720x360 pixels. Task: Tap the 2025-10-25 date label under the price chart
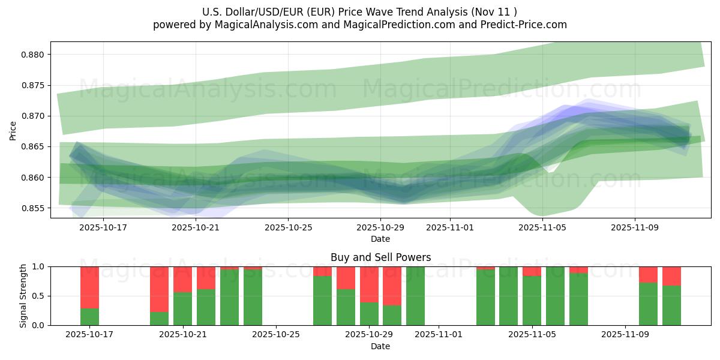(288, 227)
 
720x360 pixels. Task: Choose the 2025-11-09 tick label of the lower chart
(625, 335)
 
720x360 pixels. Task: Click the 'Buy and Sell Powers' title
(380, 257)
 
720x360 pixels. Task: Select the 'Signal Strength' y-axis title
(23, 296)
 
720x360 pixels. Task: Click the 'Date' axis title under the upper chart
(380, 239)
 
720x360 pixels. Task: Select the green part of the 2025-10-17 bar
(89, 317)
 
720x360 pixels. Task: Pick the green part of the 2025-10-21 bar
(182, 309)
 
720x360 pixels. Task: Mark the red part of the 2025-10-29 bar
(369, 284)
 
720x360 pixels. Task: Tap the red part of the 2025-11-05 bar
(532, 271)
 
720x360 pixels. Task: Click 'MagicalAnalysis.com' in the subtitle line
(262, 25)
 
